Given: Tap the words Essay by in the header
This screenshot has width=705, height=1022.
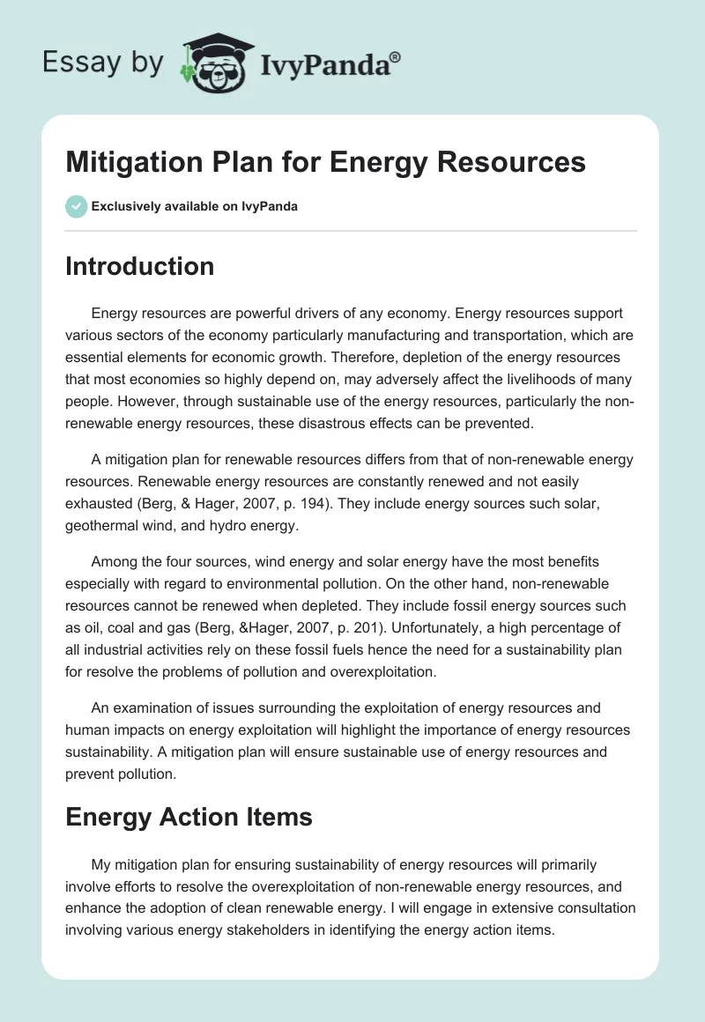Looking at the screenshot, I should [102, 63].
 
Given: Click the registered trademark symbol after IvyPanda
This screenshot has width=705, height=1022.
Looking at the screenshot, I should [395, 57].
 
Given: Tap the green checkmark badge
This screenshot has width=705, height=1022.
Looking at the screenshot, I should [76, 206].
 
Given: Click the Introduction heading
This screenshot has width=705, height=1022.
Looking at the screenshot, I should [139, 266].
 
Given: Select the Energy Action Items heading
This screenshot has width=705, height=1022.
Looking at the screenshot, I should [189, 817].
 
